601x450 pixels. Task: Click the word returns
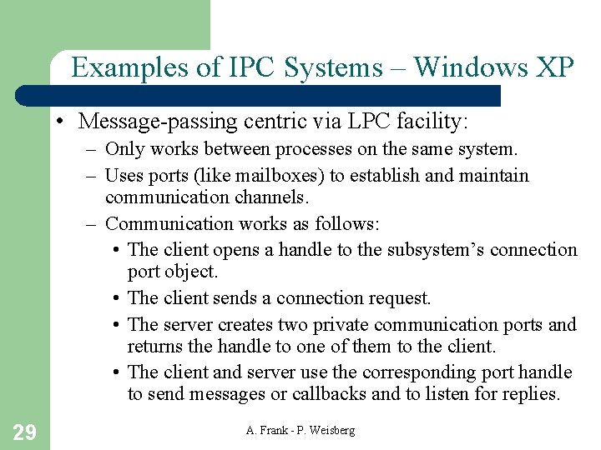pyautogui.click(x=157, y=346)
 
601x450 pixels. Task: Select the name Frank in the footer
pyautogui.click(x=274, y=430)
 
